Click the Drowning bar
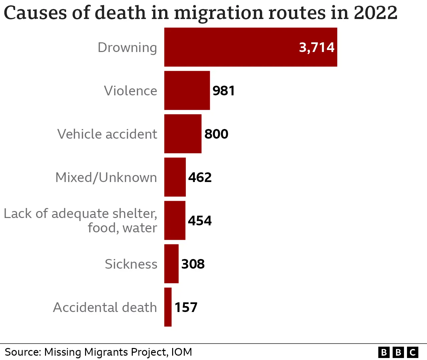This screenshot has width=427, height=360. [250, 47]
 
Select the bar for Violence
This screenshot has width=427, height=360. [187, 90]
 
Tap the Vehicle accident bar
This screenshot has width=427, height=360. [183, 134]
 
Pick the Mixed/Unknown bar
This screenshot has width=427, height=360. [175, 177]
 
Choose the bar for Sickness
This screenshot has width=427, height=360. [171, 264]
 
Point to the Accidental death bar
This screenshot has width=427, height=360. [168, 307]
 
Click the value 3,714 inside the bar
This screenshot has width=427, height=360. [316, 47]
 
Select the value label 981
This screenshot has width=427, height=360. [224, 91]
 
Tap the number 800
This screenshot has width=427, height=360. [216, 134]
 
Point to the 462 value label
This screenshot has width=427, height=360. [200, 177]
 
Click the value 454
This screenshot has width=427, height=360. [199, 221]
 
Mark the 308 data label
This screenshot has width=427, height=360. [193, 264]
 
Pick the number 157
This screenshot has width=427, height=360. [186, 307]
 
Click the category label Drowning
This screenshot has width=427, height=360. [127, 48]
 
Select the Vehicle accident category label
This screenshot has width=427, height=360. [107, 134]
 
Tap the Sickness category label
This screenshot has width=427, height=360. [131, 264]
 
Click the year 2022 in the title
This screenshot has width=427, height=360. [375, 13]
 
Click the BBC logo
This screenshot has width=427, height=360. [398, 352]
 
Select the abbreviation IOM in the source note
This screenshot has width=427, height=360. [181, 352]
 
